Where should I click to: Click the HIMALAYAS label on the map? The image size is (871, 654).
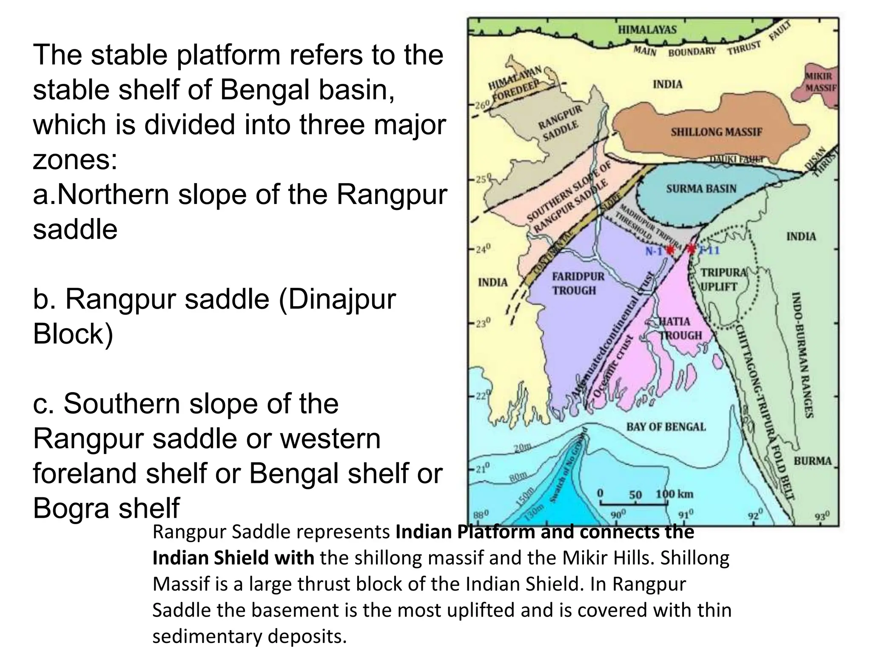[647, 29]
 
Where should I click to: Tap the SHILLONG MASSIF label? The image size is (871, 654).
[717, 132]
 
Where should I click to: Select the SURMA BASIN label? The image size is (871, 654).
[701, 189]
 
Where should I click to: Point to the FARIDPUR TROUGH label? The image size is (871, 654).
[578, 284]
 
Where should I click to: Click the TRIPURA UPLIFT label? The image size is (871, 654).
[723, 279]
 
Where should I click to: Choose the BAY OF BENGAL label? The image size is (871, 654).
[666, 427]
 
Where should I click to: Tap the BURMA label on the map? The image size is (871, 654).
[812, 461]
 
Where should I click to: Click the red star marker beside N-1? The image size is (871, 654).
[670, 250]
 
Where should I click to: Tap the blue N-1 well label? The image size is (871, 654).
[654, 251]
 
